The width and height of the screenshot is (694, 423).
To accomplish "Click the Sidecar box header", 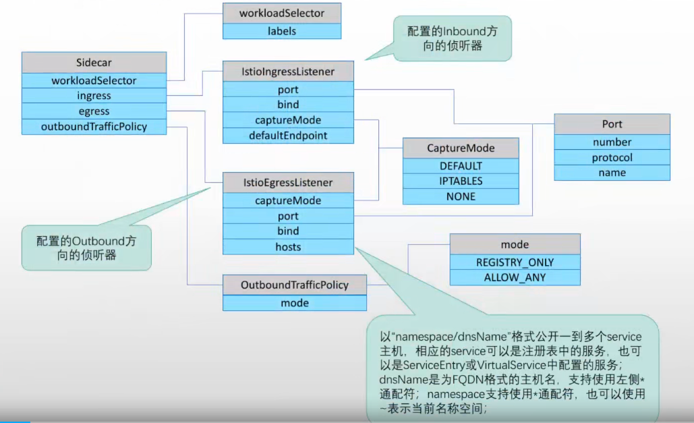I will click(94, 62).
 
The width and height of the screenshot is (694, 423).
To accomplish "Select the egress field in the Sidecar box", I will click(94, 111).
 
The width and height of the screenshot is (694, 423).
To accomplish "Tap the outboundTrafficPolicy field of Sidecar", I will click(94, 126).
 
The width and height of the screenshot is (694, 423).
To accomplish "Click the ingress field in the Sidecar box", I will click(94, 96).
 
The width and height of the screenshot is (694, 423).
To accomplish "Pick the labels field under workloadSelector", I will click(281, 30).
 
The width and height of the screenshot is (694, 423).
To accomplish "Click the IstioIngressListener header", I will click(288, 71).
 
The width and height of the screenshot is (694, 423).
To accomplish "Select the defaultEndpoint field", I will click(288, 135).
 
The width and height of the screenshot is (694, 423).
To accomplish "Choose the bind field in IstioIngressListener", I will click(288, 105).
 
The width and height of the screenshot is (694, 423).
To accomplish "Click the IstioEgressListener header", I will click(288, 182).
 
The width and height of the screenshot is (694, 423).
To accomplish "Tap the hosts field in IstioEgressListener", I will click(288, 247).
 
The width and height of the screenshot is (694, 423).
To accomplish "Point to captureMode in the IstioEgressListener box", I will click(288, 200).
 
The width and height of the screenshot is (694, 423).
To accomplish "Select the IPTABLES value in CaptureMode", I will click(461, 181).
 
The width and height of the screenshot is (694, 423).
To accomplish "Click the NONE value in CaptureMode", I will click(461, 196).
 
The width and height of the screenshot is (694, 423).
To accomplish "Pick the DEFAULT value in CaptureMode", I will click(461, 165).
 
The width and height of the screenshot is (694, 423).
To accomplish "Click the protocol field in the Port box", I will click(612, 157).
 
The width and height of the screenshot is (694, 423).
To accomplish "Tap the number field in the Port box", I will click(612, 142).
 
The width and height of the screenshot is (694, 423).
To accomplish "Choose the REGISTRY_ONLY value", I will click(515, 262).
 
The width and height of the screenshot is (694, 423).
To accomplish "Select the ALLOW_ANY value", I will click(515, 277).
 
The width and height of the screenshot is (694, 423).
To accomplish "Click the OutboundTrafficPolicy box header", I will click(295, 285).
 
